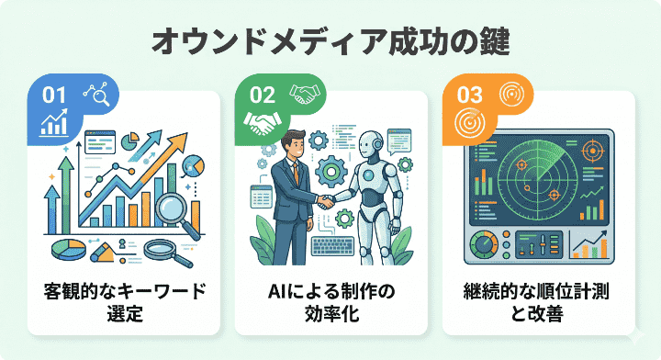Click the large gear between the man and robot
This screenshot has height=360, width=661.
click(332, 172)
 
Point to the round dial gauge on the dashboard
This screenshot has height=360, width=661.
click(483, 247)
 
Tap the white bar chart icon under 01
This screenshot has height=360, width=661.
click(56, 123)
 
